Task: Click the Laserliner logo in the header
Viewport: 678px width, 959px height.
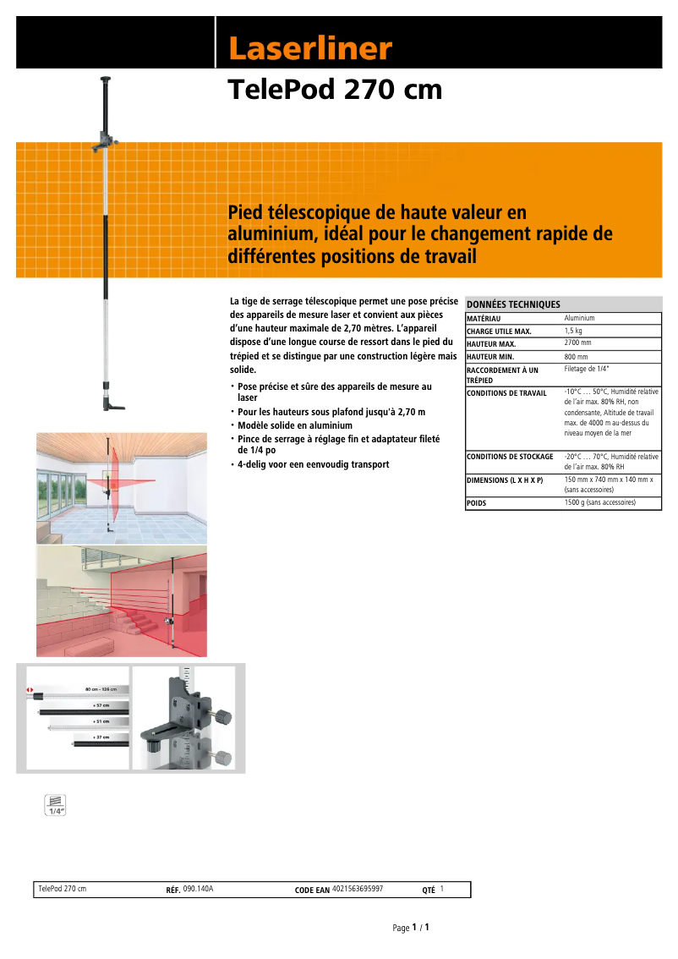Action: point(310,49)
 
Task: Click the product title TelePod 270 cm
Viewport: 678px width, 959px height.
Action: point(335,90)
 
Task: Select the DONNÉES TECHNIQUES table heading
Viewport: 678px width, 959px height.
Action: point(513,304)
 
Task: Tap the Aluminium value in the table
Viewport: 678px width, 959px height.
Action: point(579,318)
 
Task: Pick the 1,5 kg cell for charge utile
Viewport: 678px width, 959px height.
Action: point(573,331)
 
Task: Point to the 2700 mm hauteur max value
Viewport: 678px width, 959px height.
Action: point(577,343)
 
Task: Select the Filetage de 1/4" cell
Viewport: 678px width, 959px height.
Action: point(586,370)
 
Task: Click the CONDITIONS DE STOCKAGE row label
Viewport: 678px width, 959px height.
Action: point(510,457)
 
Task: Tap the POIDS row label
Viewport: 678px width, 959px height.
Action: point(477,503)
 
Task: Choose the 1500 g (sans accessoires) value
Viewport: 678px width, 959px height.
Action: point(611,502)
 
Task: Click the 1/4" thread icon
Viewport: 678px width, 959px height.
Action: point(55,805)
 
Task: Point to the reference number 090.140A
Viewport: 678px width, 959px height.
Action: point(199,889)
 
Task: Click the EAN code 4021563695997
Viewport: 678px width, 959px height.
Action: point(358,889)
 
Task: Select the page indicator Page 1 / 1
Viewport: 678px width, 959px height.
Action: point(411,928)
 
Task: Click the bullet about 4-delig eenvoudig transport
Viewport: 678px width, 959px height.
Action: point(313,464)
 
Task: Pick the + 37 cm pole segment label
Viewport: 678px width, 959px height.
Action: point(101,737)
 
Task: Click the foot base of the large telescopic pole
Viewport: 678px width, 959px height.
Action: point(113,408)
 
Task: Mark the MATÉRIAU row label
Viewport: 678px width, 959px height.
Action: point(484,318)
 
